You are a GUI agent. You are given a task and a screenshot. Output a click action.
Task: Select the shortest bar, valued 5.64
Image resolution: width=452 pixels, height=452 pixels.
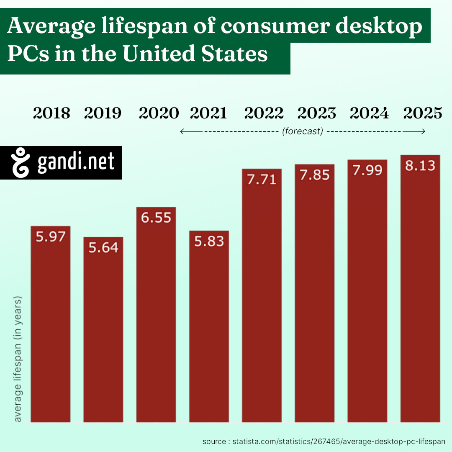[103, 331]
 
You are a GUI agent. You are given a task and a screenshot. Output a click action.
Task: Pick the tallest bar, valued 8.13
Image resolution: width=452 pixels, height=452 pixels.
[420, 289]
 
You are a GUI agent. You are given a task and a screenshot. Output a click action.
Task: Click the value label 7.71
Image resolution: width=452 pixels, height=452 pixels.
[262, 180]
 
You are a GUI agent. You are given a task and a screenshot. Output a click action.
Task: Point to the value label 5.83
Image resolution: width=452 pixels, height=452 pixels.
[209, 241]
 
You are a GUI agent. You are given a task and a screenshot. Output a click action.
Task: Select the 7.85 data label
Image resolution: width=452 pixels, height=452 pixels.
[314, 175]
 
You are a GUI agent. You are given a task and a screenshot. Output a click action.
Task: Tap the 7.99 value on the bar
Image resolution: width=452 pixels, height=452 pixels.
[367, 170]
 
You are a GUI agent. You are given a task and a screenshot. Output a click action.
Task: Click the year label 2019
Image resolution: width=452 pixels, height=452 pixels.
[103, 113]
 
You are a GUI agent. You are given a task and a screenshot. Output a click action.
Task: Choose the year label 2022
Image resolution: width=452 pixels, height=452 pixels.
[264, 113]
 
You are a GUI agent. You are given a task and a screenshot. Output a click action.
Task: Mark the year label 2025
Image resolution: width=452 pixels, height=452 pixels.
[422, 113]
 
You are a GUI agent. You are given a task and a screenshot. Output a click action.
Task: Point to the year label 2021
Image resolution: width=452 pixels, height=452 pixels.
[208, 113]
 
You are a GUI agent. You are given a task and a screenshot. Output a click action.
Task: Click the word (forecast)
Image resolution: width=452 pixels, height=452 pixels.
[303, 131]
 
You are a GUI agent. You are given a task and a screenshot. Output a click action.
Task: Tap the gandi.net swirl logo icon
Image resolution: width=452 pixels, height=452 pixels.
[21, 163]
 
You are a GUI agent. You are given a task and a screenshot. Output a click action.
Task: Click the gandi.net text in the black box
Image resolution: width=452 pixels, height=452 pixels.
[76, 163]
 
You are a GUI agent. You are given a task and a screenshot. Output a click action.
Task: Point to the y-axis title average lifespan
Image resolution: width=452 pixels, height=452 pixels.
[18, 360]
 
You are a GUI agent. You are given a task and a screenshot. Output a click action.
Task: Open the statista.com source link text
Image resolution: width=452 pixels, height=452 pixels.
[323, 442]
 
